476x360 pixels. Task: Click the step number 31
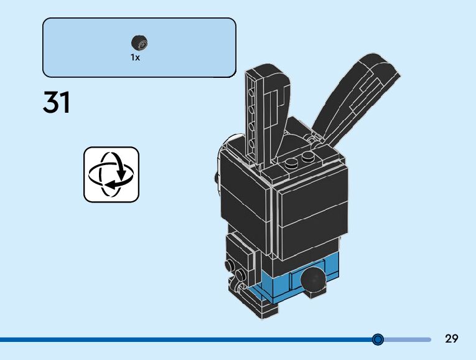point(57,102)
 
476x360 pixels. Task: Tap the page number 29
point(452,339)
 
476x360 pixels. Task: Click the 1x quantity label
point(136,57)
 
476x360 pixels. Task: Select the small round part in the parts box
point(139,42)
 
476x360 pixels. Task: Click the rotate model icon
point(111,174)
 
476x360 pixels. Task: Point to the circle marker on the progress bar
point(378,339)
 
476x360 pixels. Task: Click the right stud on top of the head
point(307,158)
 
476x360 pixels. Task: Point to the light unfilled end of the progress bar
point(408,339)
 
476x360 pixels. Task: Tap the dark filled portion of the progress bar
point(187,339)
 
